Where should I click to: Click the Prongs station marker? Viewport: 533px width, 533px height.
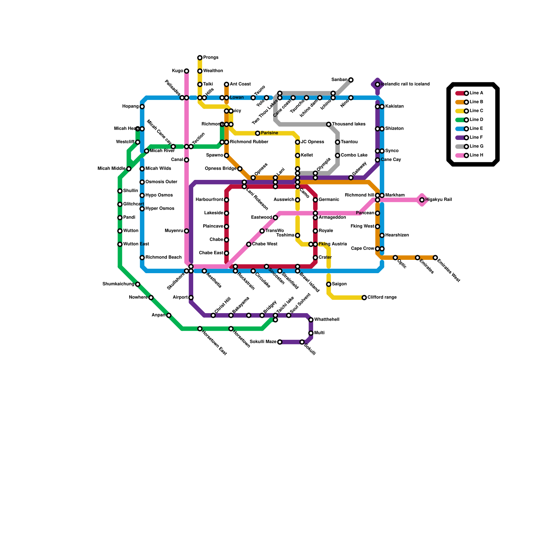(x=200, y=58)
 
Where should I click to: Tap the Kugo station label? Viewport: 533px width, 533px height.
(x=178, y=71)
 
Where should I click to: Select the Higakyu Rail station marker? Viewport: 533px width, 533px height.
(x=422, y=200)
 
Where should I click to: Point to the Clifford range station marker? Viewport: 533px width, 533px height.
(x=364, y=297)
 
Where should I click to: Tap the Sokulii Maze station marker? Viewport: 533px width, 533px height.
(x=280, y=342)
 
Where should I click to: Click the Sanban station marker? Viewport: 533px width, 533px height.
(x=351, y=80)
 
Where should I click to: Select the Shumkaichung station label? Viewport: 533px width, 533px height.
(x=118, y=284)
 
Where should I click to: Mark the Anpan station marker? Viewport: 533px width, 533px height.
(x=169, y=315)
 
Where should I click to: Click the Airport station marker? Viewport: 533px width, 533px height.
(x=191, y=297)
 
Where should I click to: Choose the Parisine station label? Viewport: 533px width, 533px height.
(x=269, y=133)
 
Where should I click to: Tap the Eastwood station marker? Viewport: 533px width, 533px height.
(x=275, y=218)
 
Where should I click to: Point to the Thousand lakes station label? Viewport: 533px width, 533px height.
(x=348, y=124)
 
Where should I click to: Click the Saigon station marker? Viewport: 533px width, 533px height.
(x=328, y=284)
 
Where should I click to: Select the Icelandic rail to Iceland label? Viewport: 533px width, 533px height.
(x=405, y=84)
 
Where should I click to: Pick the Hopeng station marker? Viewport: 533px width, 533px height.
(x=142, y=107)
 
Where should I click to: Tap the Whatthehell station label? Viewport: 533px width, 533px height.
(x=327, y=320)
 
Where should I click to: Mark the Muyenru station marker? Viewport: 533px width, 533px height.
(x=187, y=231)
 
